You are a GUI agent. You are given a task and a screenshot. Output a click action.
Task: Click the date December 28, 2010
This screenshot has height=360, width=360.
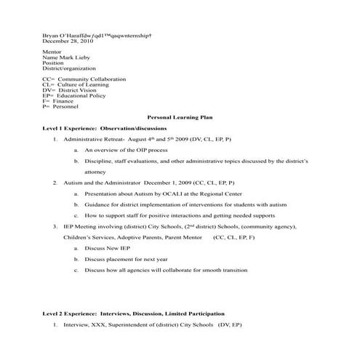(x=68, y=41)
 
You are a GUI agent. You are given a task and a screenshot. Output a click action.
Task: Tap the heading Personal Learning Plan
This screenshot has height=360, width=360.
(x=180, y=116)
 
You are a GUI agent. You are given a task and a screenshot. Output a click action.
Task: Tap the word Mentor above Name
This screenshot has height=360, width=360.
(x=52, y=54)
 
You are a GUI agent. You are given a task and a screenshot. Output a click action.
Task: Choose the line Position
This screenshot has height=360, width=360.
(x=53, y=65)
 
